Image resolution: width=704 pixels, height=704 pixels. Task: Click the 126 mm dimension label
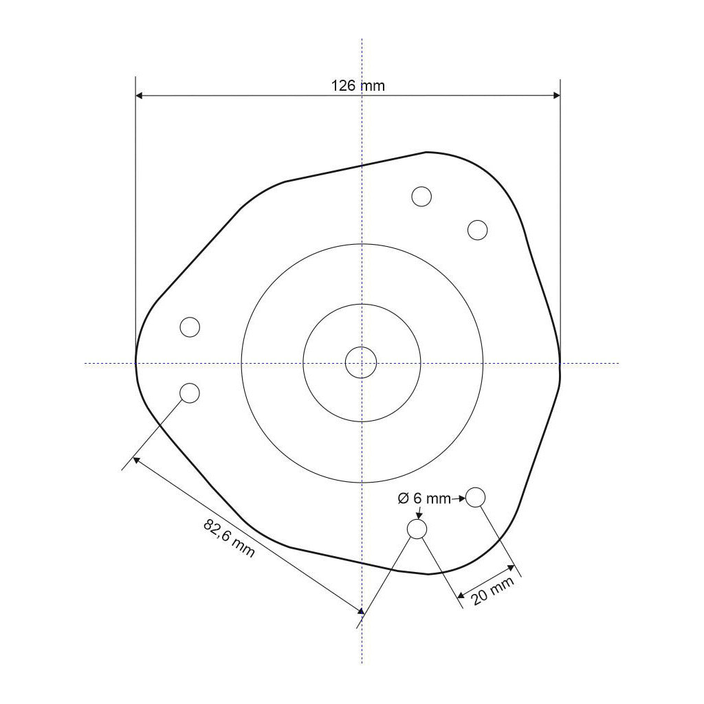[358, 86]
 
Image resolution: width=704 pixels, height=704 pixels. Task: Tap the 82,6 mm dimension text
[229, 538]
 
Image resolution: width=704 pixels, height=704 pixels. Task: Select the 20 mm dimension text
[493, 591]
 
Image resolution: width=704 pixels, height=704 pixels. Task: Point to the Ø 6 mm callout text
[424, 498]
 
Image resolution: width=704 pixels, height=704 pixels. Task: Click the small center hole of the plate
[361, 362]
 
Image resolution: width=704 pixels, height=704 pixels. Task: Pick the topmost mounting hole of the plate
[421, 196]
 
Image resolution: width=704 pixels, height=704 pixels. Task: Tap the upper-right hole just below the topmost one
[477, 230]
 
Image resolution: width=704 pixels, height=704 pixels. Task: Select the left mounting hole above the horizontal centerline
[190, 327]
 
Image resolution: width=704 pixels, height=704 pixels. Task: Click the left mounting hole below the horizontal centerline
[190, 393]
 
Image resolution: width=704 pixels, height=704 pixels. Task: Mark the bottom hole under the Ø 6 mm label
[417, 529]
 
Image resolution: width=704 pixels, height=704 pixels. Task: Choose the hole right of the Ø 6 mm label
[476, 496]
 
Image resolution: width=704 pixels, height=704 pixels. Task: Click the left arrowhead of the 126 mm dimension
[140, 96]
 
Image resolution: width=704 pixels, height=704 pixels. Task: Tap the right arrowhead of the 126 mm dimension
[556, 96]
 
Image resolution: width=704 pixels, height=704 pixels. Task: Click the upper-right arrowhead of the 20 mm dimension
[511, 568]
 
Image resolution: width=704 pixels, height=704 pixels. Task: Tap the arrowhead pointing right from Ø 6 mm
[463, 498]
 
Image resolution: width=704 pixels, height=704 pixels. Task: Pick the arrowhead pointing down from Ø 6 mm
[419, 515]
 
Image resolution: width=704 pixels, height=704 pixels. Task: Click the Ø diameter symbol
[404, 498]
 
